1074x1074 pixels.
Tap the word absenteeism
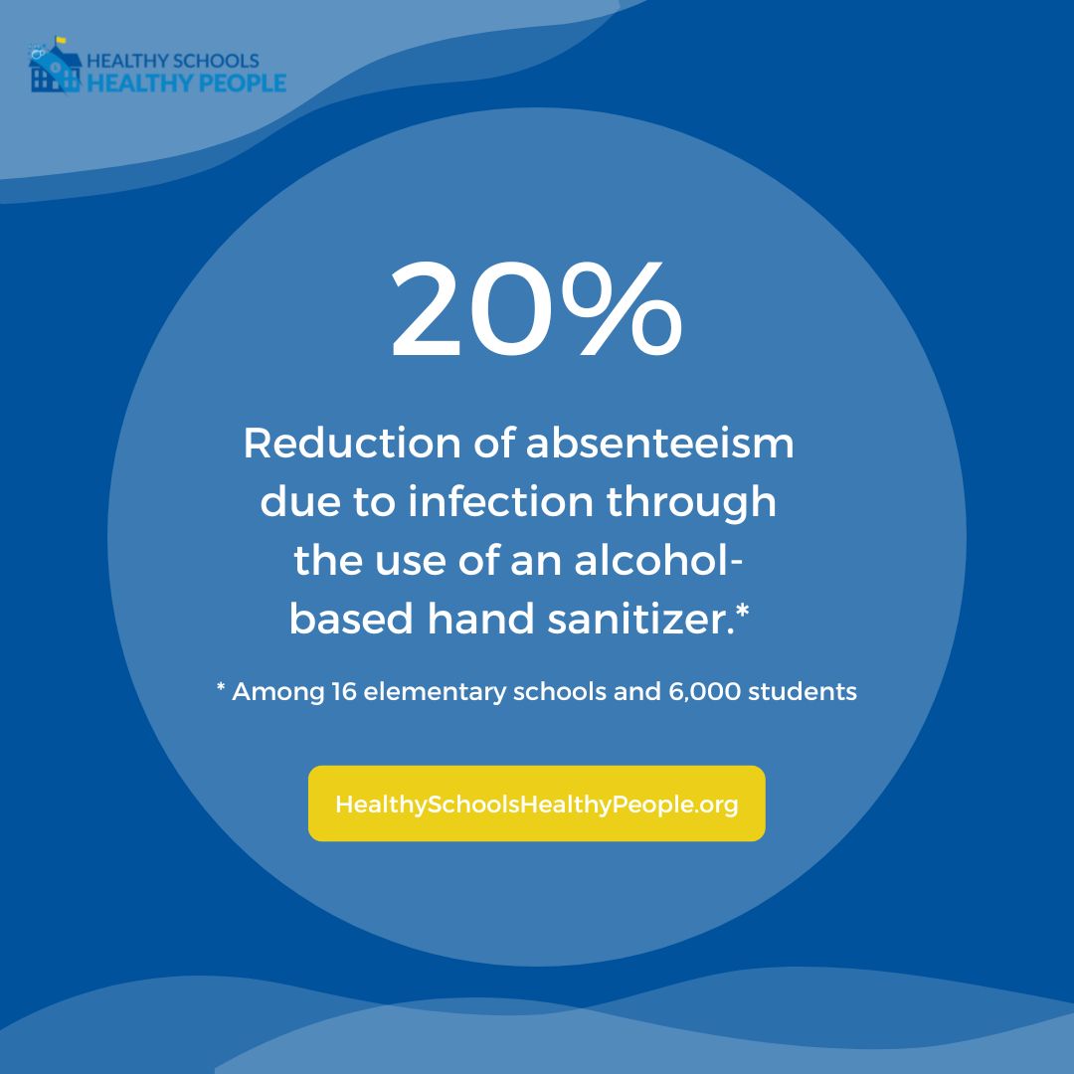660,444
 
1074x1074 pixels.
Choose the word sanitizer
635,620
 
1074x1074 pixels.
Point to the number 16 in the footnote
341,691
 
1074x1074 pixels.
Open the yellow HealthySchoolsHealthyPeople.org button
537,804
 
